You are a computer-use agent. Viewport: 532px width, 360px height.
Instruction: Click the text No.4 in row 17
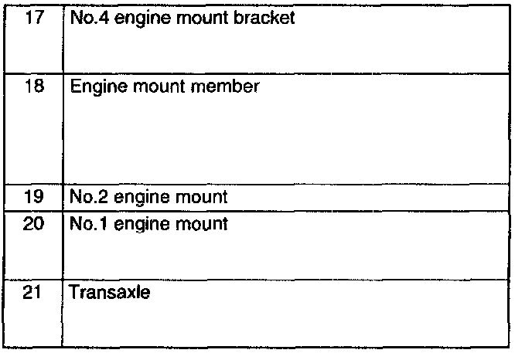(x=85, y=17)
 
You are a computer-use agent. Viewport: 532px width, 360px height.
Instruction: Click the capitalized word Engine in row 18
(x=95, y=87)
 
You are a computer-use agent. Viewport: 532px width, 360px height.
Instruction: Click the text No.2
(x=85, y=196)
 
